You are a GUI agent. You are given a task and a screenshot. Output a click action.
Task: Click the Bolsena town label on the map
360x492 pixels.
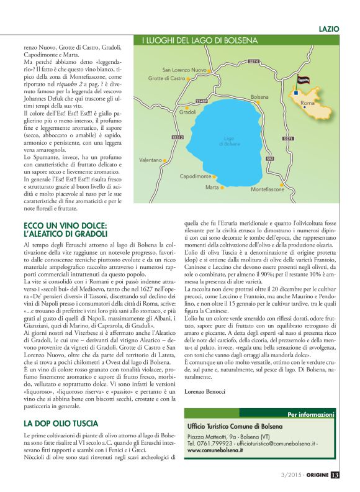point(259,98)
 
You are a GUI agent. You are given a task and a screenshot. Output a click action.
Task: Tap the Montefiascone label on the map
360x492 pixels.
point(268,188)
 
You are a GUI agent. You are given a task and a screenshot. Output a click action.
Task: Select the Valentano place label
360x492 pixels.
point(150,160)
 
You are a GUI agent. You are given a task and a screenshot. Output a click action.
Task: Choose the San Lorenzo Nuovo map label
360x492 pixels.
point(184,70)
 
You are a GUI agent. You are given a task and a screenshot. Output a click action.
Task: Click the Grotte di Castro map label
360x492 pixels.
point(167,79)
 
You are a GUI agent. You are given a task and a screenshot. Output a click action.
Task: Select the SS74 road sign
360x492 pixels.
point(253,61)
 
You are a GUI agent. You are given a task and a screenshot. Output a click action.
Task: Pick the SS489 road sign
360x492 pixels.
point(201,101)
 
